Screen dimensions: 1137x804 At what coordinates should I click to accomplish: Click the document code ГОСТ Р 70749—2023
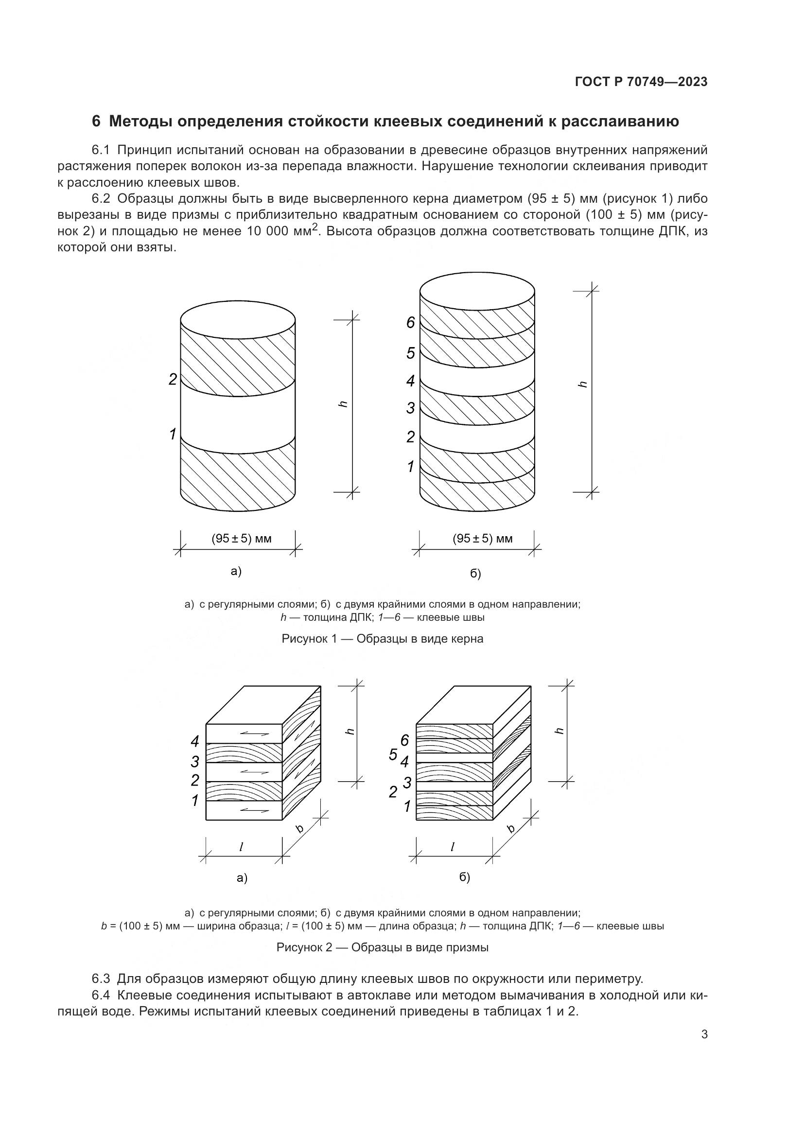pyautogui.click(x=641, y=82)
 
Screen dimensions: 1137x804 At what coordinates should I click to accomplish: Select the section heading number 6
pyautogui.click(x=96, y=122)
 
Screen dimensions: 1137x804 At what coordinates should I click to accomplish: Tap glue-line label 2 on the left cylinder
pyautogui.click(x=172, y=380)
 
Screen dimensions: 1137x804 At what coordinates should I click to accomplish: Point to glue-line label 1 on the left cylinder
pyautogui.click(x=172, y=435)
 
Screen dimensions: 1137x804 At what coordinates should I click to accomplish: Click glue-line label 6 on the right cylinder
pyautogui.click(x=410, y=323)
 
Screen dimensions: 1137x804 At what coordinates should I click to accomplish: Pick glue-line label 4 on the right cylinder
pyautogui.click(x=410, y=381)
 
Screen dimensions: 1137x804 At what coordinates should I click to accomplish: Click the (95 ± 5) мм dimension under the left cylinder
pyautogui.click(x=242, y=539)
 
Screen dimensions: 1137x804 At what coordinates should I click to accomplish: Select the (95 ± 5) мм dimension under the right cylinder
pyautogui.click(x=483, y=539)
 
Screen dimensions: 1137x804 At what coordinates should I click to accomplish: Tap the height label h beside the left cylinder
pyautogui.click(x=343, y=404)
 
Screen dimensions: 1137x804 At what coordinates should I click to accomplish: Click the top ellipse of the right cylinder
pyautogui.click(x=477, y=291)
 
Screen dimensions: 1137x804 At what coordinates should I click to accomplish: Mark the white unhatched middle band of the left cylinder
pyautogui.click(x=238, y=416)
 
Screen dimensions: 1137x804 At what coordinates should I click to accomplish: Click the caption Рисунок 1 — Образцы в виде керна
pyautogui.click(x=382, y=639)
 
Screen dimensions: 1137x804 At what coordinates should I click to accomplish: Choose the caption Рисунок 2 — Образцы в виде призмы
pyautogui.click(x=382, y=947)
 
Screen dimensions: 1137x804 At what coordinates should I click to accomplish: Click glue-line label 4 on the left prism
pyautogui.click(x=195, y=741)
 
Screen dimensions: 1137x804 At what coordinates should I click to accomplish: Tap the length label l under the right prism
pyautogui.click(x=452, y=847)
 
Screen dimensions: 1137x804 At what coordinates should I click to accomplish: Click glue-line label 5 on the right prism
pyautogui.click(x=393, y=755)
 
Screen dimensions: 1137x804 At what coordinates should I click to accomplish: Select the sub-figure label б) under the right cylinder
pyautogui.click(x=475, y=574)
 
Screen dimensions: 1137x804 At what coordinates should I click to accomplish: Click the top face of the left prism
pyautogui.click(x=263, y=705)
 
